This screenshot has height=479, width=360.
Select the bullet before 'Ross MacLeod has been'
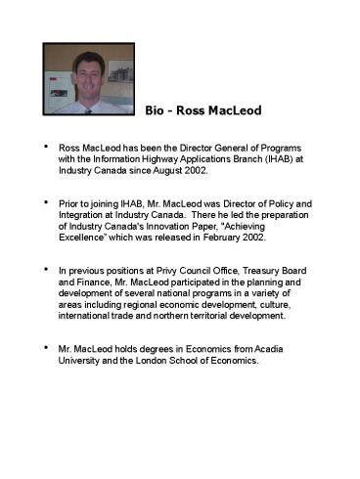click(x=44, y=145)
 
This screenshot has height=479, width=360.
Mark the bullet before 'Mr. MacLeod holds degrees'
click(x=44, y=347)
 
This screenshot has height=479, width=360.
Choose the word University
click(x=80, y=361)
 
